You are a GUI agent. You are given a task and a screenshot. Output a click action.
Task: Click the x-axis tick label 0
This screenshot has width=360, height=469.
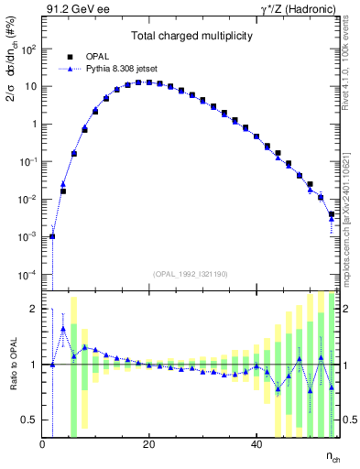pyautogui.click(x=42, y=444)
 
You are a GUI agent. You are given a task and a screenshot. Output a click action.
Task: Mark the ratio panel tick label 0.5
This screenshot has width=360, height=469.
pyautogui.click(x=31, y=420)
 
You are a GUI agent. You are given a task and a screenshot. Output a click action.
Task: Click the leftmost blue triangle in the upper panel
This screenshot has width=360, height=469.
pyautogui.click(x=52, y=235)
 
